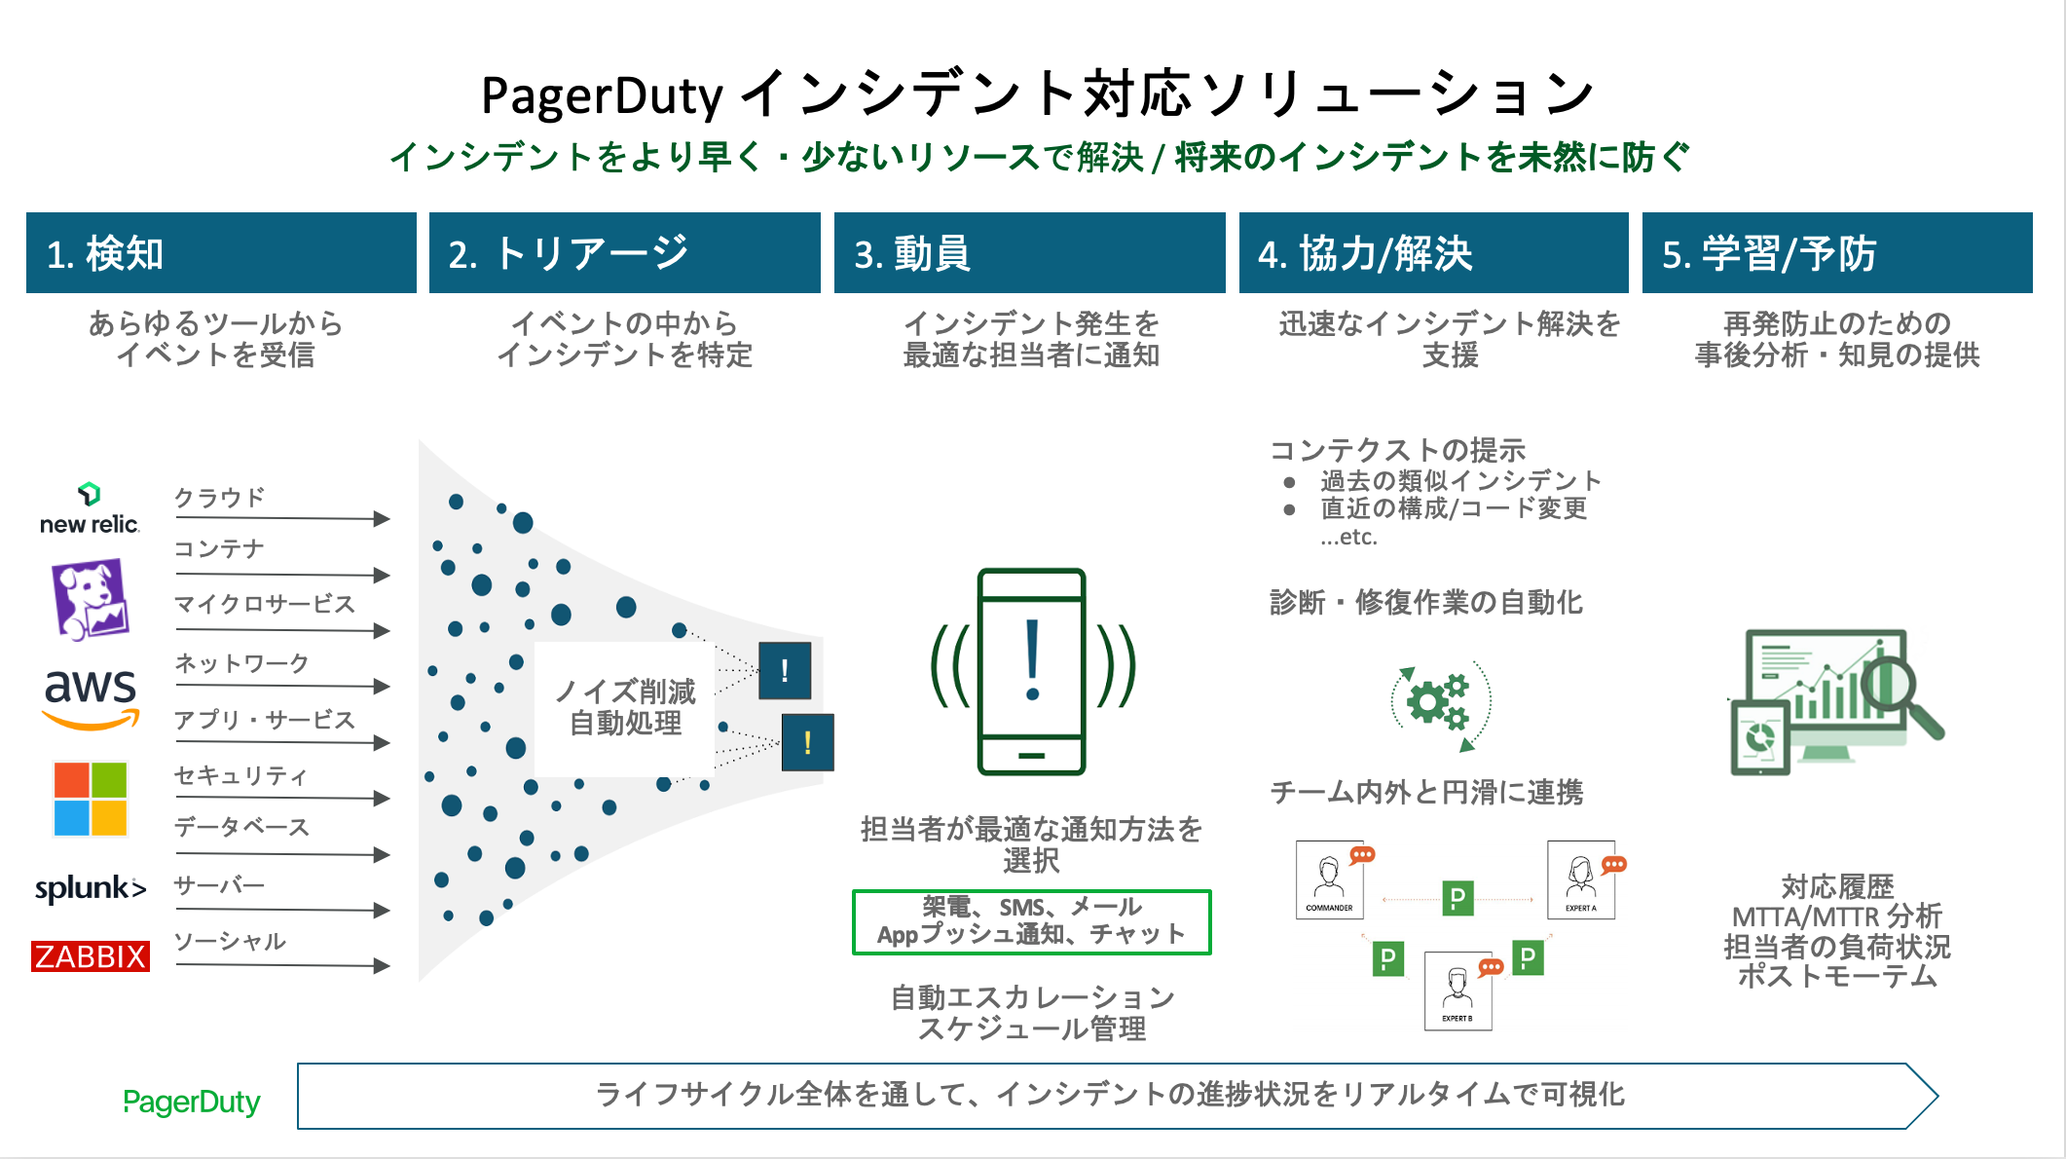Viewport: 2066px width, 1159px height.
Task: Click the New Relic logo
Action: click(x=89, y=509)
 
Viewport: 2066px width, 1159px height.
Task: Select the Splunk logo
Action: click(x=91, y=888)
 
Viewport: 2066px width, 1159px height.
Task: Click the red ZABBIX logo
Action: click(x=91, y=956)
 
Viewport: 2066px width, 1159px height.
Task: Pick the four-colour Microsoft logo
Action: click(x=91, y=799)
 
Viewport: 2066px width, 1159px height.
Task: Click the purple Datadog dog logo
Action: click(x=90, y=598)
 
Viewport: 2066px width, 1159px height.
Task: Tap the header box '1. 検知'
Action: click(x=221, y=253)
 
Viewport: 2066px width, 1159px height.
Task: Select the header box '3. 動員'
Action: click(x=1029, y=253)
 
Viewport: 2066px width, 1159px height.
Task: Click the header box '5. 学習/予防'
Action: click(x=1836, y=253)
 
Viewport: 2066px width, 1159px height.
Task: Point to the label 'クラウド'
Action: click(x=220, y=498)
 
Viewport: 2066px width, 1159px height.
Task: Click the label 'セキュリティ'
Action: click(x=240, y=775)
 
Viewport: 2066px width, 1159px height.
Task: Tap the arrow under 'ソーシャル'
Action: click(x=282, y=965)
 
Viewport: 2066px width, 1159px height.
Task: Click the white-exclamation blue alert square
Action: click(x=785, y=670)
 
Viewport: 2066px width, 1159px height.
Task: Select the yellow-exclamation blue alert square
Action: click(x=807, y=742)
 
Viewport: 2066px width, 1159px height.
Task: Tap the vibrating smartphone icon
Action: click(x=1032, y=672)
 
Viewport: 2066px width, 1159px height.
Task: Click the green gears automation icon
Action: click(x=1440, y=703)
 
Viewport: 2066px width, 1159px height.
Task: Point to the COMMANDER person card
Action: click(x=1329, y=879)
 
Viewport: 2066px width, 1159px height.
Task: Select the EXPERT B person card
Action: click(x=1457, y=991)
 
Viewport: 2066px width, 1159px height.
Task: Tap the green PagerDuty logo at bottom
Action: click(x=192, y=1102)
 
